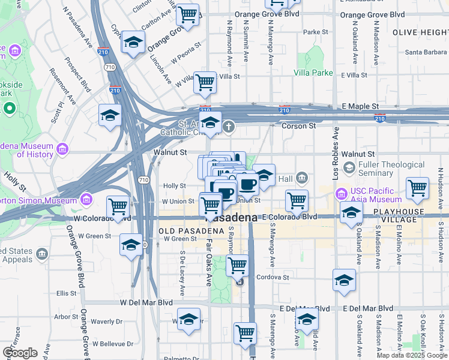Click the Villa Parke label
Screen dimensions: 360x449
(x=313, y=73)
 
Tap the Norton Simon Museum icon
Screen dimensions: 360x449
(x=86, y=199)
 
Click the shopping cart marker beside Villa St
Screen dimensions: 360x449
(x=205, y=82)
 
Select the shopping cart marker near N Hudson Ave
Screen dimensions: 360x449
(x=417, y=188)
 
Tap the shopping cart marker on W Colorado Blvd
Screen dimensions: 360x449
(x=118, y=207)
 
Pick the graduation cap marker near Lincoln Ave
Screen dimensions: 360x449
(x=133, y=43)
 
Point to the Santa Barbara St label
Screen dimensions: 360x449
(x=425, y=52)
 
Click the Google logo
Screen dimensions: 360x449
(x=20, y=353)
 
